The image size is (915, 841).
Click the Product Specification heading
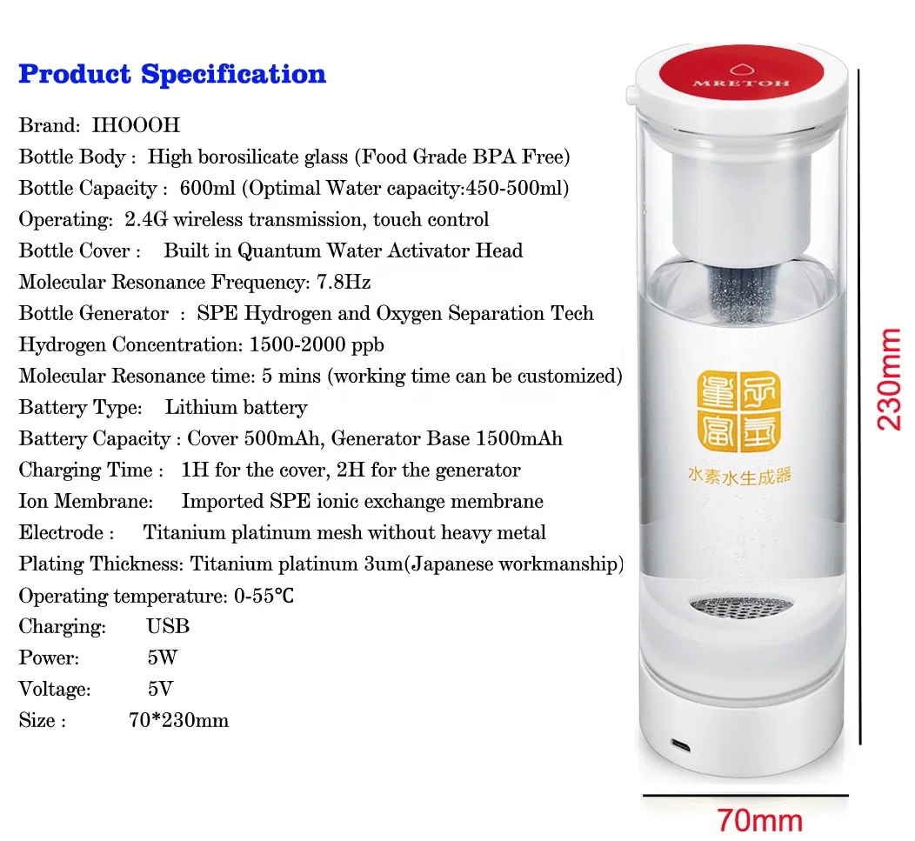pyautogui.click(x=172, y=74)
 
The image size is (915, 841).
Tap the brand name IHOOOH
pyautogui.click(x=136, y=125)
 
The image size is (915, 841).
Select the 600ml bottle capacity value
pyautogui.click(x=202, y=188)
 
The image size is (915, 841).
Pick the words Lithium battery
pyautogui.click(x=236, y=407)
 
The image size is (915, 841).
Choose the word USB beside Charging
pyautogui.click(x=168, y=626)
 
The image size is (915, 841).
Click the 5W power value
pyautogui.click(x=162, y=657)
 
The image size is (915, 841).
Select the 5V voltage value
pyautogui.click(x=160, y=689)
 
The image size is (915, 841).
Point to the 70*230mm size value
pyautogui.click(x=178, y=720)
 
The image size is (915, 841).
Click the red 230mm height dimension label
pyautogui.click(x=888, y=378)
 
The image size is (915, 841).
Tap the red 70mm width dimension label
pyautogui.click(x=759, y=819)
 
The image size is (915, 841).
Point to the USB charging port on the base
pyautogui.click(x=681, y=744)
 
